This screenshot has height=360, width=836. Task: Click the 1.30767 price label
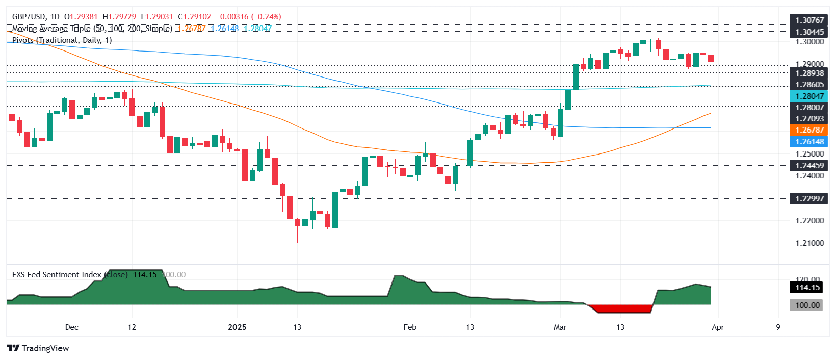(x=809, y=20)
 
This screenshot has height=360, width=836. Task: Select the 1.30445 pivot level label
(x=809, y=32)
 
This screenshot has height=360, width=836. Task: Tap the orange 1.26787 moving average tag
(x=809, y=130)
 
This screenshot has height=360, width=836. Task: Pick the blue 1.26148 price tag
(x=809, y=142)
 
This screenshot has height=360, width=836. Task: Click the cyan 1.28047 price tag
(x=809, y=96)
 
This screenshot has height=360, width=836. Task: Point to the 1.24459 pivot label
(x=809, y=165)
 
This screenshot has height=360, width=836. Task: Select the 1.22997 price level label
(x=809, y=198)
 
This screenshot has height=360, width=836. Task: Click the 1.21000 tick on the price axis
(x=809, y=243)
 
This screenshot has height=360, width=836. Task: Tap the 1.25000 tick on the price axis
(x=809, y=153)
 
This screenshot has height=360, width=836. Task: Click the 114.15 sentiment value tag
(x=807, y=288)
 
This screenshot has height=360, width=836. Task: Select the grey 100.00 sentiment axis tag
(x=807, y=305)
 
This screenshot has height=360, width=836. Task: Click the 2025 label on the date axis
(x=237, y=327)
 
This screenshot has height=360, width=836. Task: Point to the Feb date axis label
(x=410, y=327)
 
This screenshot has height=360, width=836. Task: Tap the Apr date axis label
(x=717, y=327)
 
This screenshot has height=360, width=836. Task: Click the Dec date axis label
(x=72, y=327)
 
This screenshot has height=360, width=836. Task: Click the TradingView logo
(x=38, y=348)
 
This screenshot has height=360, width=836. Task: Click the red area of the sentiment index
(x=619, y=308)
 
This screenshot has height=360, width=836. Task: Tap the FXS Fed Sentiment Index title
(x=57, y=275)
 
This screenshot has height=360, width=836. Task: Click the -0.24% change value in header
(x=267, y=17)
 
